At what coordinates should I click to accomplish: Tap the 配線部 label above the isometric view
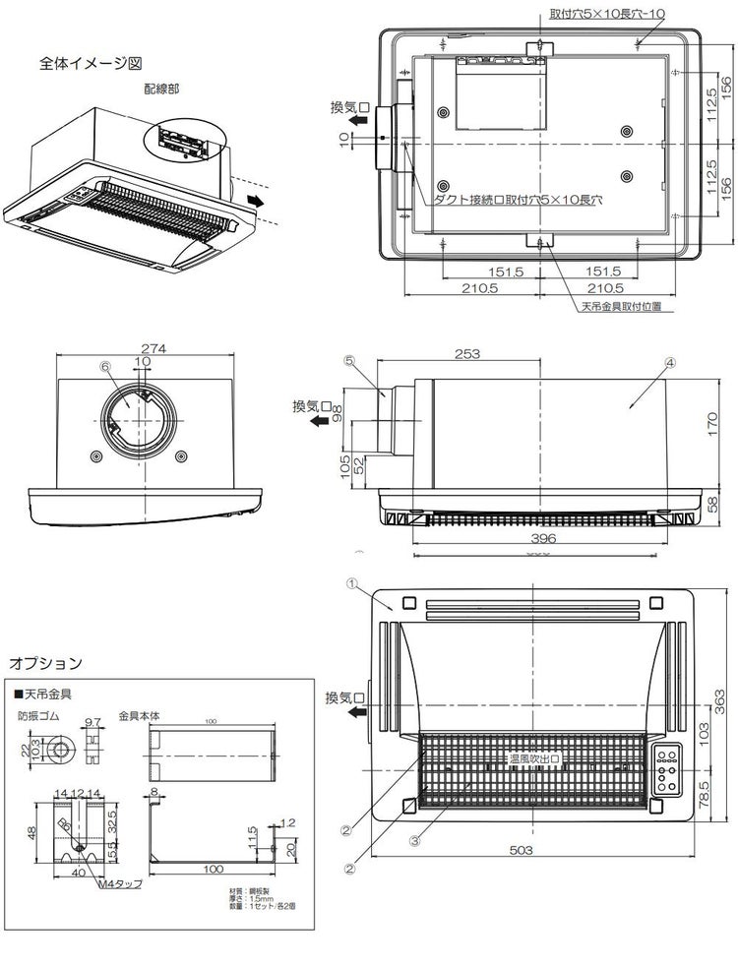161,88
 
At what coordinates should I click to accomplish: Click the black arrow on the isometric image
257,200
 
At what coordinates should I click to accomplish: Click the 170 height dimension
714,423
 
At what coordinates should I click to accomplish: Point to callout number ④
669,362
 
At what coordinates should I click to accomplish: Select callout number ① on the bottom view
350,582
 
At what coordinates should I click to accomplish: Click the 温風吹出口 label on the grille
532,758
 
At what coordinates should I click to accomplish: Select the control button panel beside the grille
669,773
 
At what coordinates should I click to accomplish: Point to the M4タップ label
120,883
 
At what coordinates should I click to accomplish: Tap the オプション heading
45,663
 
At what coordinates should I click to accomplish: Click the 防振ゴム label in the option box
37,716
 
